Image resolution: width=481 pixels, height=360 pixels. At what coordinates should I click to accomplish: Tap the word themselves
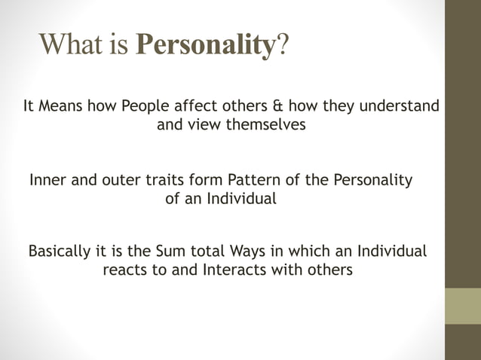click(265, 125)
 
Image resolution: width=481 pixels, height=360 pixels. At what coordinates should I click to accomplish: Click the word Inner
click(47, 181)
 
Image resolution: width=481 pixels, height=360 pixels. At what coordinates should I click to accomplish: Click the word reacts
click(125, 270)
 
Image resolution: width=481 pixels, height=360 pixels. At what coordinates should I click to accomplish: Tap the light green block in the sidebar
click(462, 306)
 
